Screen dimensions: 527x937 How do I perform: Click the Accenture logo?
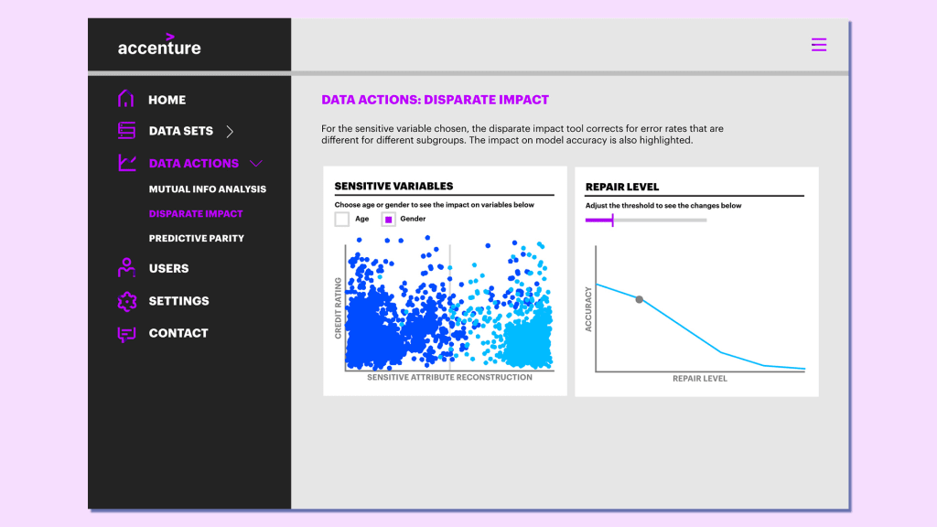point(159,46)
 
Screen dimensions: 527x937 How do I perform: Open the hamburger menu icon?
point(819,45)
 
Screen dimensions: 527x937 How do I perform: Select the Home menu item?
point(167,100)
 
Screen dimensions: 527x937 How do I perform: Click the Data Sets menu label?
point(180,131)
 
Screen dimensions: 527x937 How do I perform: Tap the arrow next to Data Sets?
point(230,132)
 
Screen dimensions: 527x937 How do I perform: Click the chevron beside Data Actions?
point(256,164)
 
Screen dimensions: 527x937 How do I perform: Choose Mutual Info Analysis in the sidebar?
point(207,189)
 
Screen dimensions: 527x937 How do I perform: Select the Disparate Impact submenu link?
point(196,214)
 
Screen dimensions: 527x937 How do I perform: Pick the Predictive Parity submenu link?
point(196,238)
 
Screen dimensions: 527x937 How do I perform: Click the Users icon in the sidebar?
point(126,268)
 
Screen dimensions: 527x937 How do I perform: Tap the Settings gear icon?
point(126,301)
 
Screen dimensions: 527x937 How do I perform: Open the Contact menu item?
point(178,333)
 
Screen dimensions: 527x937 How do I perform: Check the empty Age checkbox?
point(342,220)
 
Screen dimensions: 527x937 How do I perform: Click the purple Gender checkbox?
point(388,220)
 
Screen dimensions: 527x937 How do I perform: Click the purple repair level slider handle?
point(612,220)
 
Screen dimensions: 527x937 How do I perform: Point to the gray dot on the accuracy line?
point(640,299)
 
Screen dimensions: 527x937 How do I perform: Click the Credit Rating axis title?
point(338,308)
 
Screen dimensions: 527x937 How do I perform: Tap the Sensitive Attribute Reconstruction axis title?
point(449,377)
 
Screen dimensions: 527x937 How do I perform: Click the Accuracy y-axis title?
point(588,308)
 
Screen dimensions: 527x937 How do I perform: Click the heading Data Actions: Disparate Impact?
point(435,100)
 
